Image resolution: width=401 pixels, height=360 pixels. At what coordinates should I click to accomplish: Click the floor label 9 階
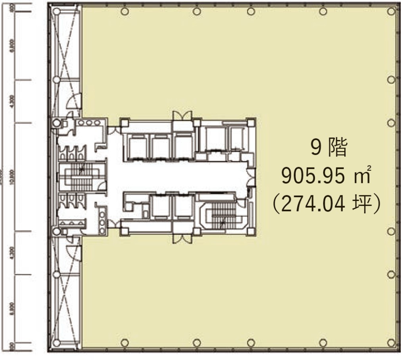[x=329, y=149]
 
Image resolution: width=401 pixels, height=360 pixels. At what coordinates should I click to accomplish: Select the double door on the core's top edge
[x=181, y=116]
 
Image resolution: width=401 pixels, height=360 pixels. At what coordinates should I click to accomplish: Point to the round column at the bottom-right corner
[x=391, y=343]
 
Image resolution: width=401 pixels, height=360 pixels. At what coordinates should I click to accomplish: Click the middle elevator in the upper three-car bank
[x=159, y=146]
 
